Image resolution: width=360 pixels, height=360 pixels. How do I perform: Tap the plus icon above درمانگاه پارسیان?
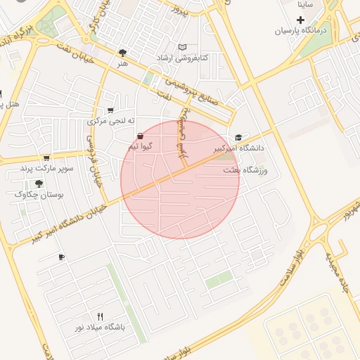[301, 19]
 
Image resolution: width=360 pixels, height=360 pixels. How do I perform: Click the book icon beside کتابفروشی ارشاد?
[183, 47]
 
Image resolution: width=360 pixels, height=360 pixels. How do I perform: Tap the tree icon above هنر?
[124, 53]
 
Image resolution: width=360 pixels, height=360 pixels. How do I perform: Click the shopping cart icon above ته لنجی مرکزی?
[110, 110]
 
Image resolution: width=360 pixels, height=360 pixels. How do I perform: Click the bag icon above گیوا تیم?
[140, 136]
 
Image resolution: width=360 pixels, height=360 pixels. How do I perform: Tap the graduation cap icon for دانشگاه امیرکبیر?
[238, 137]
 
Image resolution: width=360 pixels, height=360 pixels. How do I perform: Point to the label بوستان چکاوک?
[39, 195]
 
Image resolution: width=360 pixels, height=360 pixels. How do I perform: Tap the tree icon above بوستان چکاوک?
[39, 183]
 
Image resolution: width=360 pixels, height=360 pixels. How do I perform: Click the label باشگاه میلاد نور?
[101, 328]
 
